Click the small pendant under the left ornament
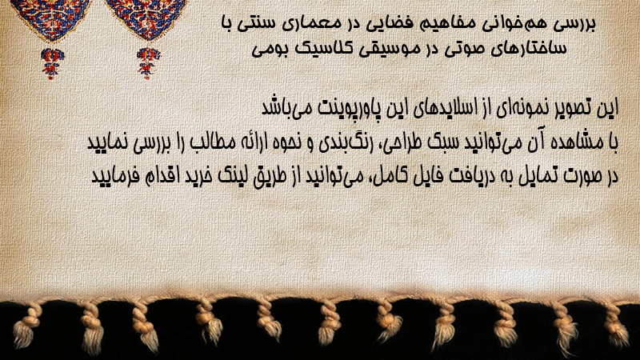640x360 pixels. (52, 63)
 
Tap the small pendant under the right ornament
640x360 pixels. (148, 63)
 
